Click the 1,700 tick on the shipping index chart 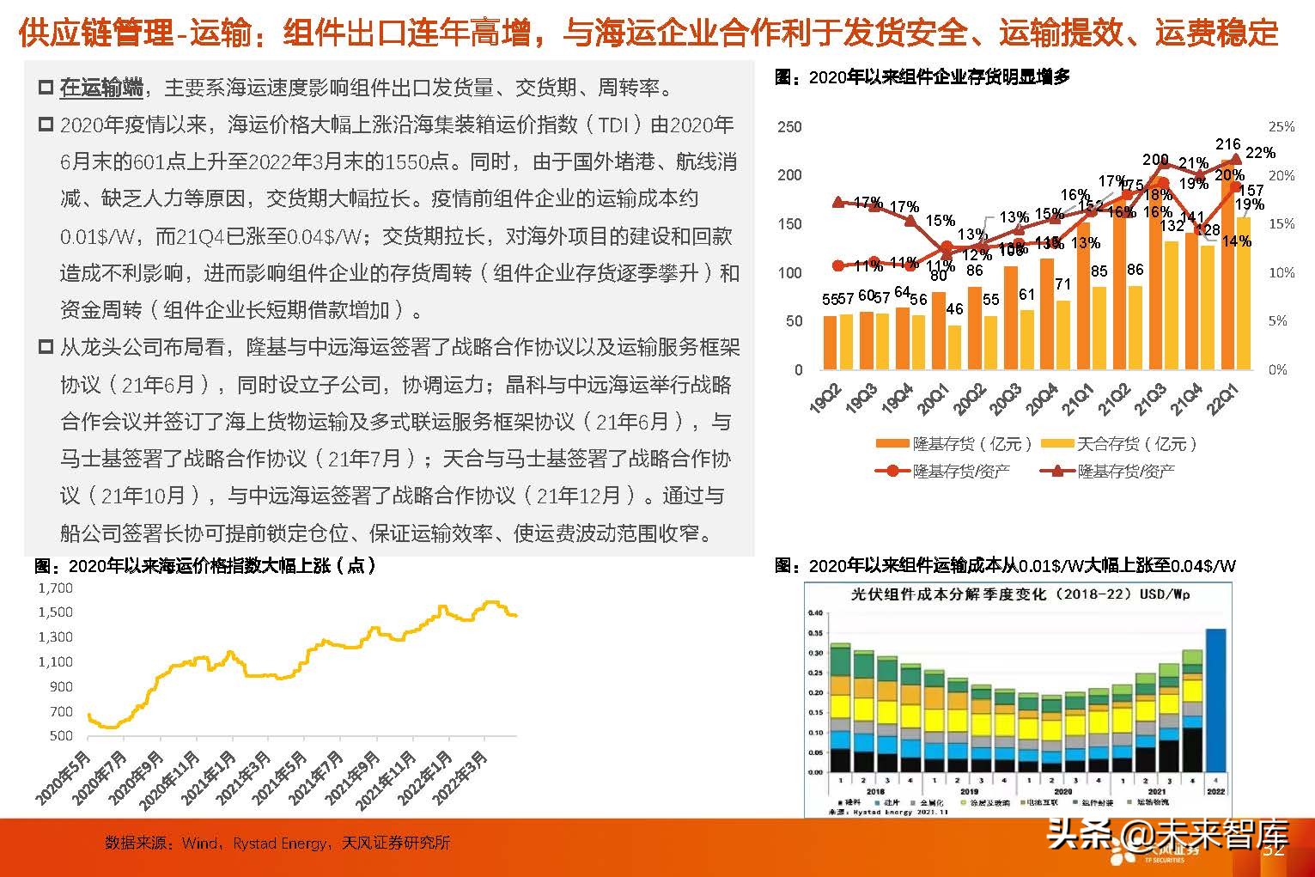pyautogui.click(x=55, y=588)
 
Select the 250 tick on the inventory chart pyautogui.click(x=789, y=127)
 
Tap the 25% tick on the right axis pyautogui.click(x=1282, y=127)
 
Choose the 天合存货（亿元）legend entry pyautogui.click(x=1118, y=444)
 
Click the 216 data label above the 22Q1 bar pyautogui.click(x=1228, y=144)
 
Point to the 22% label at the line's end pyautogui.click(x=1260, y=153)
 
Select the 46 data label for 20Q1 pyautogui.click(x=954, y=309)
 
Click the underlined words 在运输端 pyautogui.click(x=101, y=88)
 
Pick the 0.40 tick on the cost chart pyautogui.click(x=815, y=613)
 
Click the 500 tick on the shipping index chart pyautogui.click(x=61, y=736)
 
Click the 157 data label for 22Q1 pyautogui.click(x=1251, y=191)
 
